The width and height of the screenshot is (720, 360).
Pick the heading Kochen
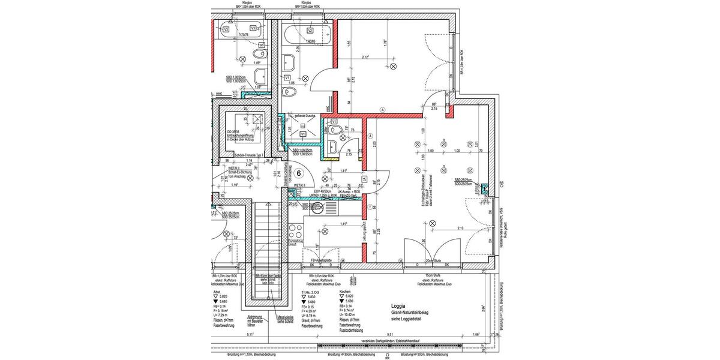345,290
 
